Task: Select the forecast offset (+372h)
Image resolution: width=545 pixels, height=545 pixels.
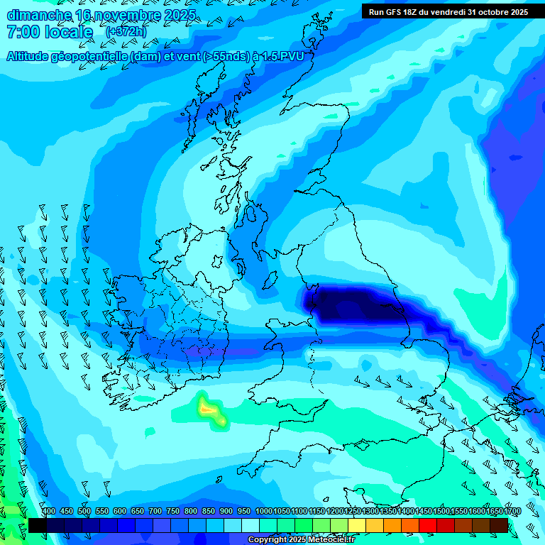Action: [126, 32]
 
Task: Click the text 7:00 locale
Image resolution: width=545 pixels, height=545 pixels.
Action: [50, 32]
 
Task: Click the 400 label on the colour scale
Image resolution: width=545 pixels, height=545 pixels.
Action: [48, 511]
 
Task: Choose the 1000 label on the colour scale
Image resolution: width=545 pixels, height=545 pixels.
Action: [264, 511]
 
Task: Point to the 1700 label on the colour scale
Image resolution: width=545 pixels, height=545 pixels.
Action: [512, 511]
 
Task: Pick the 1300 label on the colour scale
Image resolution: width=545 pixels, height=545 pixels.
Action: [370, 511]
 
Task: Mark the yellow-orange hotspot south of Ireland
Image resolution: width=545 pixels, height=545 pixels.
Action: [209, 409]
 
